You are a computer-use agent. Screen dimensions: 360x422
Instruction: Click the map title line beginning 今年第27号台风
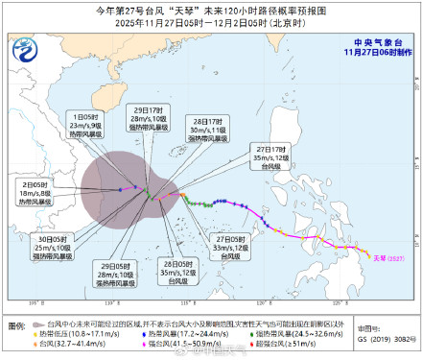[210, 10]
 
